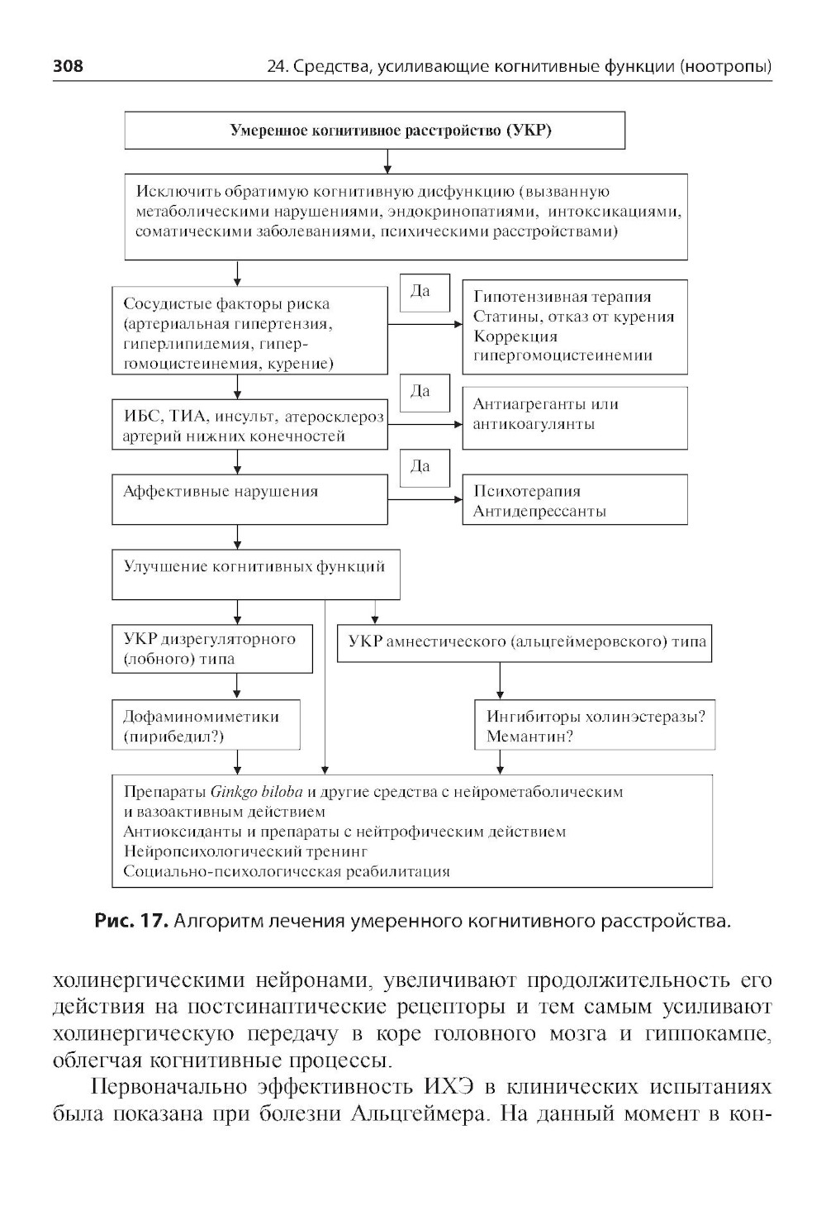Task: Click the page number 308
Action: tap(68, 66)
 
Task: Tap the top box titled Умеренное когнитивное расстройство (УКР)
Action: tap(374, 131)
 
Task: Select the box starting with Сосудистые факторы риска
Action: tap(249, 331)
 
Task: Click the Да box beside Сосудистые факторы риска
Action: tap(425, 293)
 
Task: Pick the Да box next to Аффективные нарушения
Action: tap(425, 468)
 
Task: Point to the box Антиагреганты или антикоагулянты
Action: tap(574, 417)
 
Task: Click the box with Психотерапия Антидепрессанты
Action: tap(574, 499)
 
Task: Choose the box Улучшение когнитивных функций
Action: tap(255, 575)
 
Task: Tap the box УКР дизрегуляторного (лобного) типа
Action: tap(212, 649)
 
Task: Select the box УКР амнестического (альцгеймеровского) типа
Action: tap(525, 643)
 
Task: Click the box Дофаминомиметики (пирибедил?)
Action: tap(206, 726)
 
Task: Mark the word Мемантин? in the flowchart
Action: tap(529, 736)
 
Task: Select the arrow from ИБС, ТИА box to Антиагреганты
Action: tap(425, 425)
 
